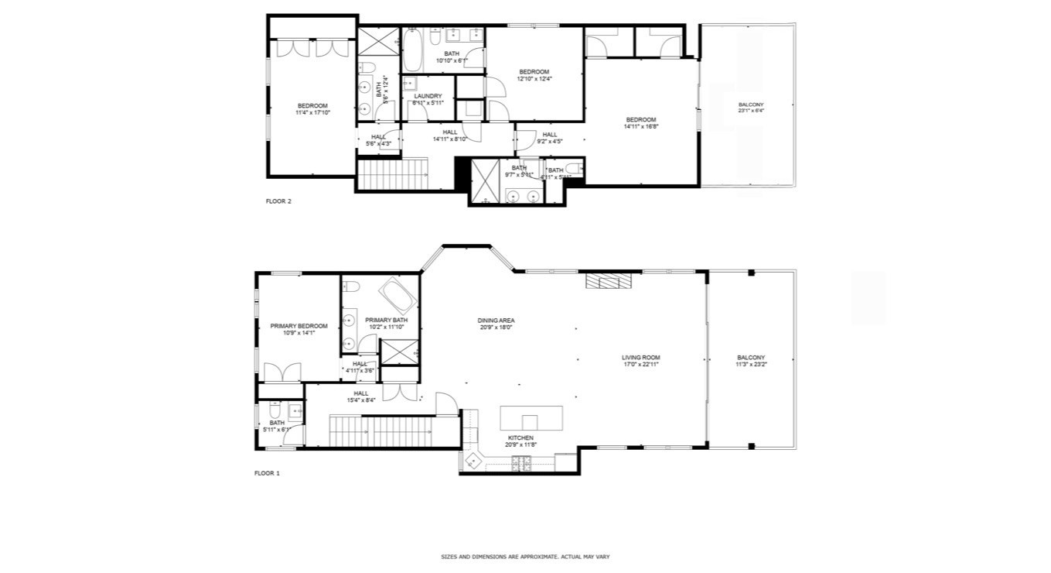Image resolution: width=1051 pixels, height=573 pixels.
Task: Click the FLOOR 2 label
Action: pyautogui.click(x=278, y=201)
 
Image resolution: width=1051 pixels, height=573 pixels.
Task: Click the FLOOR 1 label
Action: pyautogui.click(x=267, y=473)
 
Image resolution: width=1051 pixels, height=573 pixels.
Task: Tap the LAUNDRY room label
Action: pyautogui.click(x=428, y=97)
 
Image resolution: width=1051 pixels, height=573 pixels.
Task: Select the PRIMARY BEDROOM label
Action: pyautogui.click(x=299, y=326)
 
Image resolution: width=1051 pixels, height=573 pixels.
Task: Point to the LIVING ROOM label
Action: pyautogui.click(x=640, y=358)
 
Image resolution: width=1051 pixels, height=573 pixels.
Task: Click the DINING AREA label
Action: pyautogui.click(x=496, y=321)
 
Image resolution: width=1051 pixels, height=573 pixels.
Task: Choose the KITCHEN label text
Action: pyautogui.click(x=519, y=437)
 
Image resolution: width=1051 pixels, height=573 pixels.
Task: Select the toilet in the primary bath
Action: pyautogui.click(x=351, y=288)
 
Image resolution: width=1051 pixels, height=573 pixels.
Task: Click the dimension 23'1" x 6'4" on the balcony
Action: pyautogui.click(x=750, y=111)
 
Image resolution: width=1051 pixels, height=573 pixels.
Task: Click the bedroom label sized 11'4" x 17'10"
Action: pyautogui.click(x=312, y=112)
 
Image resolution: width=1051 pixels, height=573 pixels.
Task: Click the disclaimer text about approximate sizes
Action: pyautogui.click(x=525, y=557)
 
